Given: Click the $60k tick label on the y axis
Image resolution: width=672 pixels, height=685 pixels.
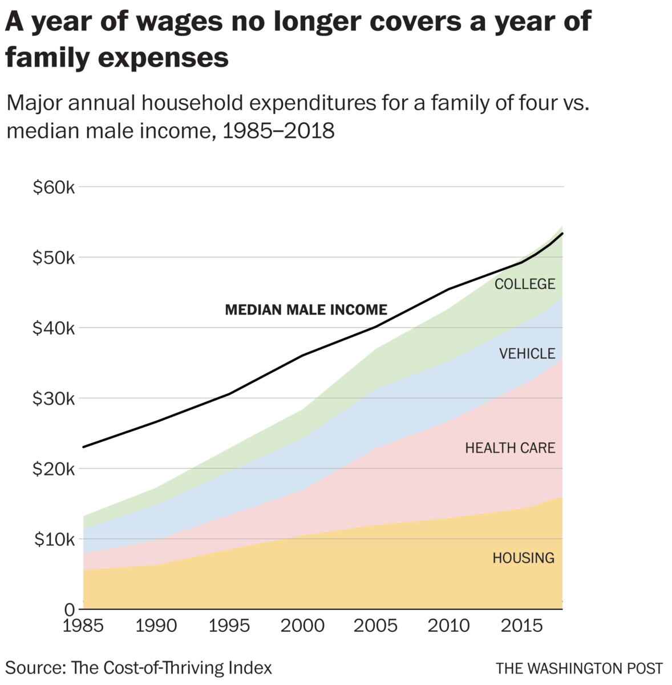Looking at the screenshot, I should pos(54,187).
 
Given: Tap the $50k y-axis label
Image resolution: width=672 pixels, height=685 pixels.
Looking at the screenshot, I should pos(54,258).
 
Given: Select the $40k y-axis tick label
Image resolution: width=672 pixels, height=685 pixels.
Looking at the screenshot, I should pos(54,328).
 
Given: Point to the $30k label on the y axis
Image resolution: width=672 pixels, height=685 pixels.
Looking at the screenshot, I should pos(54,398).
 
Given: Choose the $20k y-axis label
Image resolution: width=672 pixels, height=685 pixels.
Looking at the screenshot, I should pos(54,469).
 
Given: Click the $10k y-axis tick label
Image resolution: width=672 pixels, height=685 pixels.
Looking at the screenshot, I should pos(54,539).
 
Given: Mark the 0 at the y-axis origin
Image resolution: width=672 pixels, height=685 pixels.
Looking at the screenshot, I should pos(69,609).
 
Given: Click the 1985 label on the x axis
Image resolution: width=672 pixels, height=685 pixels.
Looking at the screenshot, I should pos(83,626).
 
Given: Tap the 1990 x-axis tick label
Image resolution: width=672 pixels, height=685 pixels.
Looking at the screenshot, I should pos(156,626).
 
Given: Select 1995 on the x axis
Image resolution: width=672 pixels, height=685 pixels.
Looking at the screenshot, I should pos(229,626).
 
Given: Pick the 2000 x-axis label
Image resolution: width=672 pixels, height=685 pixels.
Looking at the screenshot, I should pos(302,626).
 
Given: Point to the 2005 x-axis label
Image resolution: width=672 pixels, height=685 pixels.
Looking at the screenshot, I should pos(375,626).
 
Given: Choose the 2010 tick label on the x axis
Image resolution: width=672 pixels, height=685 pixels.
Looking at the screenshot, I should pos(448,626).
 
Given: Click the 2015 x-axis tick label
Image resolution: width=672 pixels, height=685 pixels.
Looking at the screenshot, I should pos(521,626).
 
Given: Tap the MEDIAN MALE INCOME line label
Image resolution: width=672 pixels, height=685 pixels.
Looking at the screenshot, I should pos(306,310).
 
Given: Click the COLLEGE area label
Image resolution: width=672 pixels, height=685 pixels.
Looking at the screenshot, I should pos(524,284).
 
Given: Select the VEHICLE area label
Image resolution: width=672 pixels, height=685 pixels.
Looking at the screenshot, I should pos(527,354).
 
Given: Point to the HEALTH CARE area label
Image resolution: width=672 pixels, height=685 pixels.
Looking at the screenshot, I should pos(510,448).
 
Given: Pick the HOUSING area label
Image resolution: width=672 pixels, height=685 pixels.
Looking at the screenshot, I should pos(523,558).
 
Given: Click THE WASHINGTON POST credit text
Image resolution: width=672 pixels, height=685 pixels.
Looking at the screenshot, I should pos(579,668).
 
